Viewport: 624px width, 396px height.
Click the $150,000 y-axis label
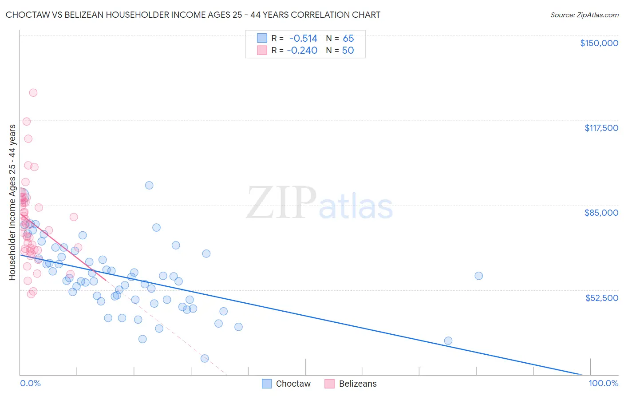coord(599,43)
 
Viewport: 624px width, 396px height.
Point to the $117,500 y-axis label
coord(601,128)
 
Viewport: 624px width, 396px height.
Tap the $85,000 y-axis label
coord(601,213)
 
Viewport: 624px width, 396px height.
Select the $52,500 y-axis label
coord(601,298)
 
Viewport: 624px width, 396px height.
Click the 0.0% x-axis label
coord(30,383)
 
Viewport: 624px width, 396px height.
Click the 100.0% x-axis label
coord(603,383)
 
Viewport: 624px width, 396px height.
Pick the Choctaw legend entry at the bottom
coord(286,384)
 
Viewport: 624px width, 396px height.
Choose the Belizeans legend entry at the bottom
coord(351,384)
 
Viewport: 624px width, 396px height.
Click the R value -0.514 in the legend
coord(303,39)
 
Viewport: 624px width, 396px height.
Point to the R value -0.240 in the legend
coord(302,51)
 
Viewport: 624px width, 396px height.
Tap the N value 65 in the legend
coord(348,39)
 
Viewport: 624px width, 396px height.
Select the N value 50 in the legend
coord(348,51)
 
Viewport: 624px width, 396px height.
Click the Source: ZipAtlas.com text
coord(584,15)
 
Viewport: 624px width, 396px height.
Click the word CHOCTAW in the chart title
coord(26,15)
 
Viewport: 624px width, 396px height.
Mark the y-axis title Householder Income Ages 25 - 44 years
coord(12,202)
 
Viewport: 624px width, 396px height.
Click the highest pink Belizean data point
coord(33,93)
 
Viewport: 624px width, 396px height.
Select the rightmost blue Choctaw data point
coord(478,276)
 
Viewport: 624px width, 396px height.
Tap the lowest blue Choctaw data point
coord(205,358)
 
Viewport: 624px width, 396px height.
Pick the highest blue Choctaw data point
coord(149,186)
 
